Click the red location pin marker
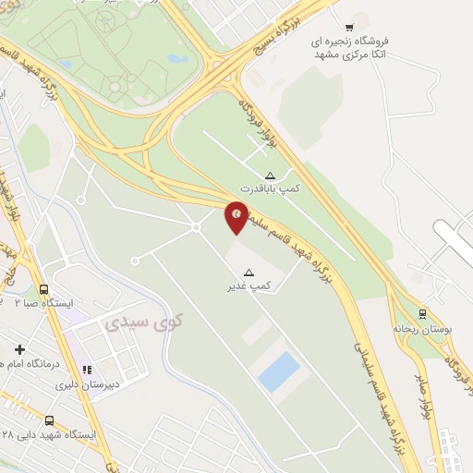[237, 216]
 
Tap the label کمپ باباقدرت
[269, 188]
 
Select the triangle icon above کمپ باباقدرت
[270, 175]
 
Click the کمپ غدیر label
[249, 285]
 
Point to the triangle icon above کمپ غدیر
[249, 272]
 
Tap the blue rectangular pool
[279, 371]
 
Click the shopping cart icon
[348, 27]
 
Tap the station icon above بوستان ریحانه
[422, 314]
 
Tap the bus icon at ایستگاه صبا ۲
[43, 288]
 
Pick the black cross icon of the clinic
[19, 349]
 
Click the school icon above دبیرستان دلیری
[88, 370]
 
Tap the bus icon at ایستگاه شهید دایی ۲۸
[48, 420]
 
